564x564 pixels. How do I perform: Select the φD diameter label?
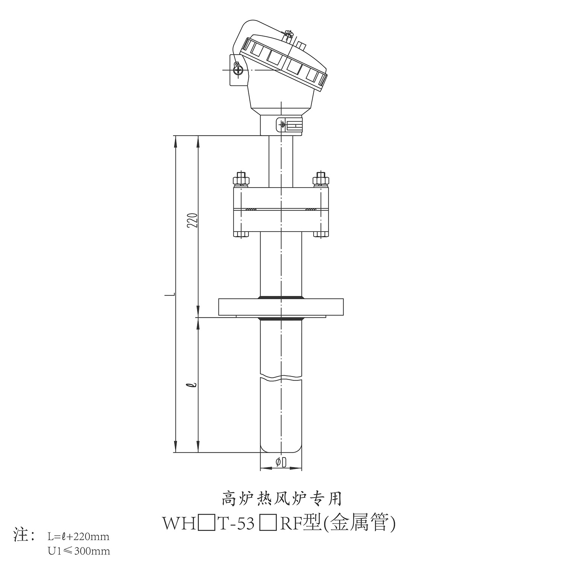pyautogui.click(x=281, y=462)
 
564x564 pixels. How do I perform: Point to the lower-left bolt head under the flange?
pyautogui.click(x=241, y=235)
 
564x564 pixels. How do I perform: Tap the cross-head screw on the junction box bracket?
pyautogui.click(x=237, y=70)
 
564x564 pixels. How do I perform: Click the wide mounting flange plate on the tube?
pyautogui.click(x=281, y=307)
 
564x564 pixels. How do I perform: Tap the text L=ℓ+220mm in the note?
pyautogui.click(x=79, y=536)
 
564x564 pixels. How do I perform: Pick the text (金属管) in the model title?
pyautogui.click(x=359, y=524)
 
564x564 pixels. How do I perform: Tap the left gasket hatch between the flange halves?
pyautogui.click(x=250, y=209)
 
